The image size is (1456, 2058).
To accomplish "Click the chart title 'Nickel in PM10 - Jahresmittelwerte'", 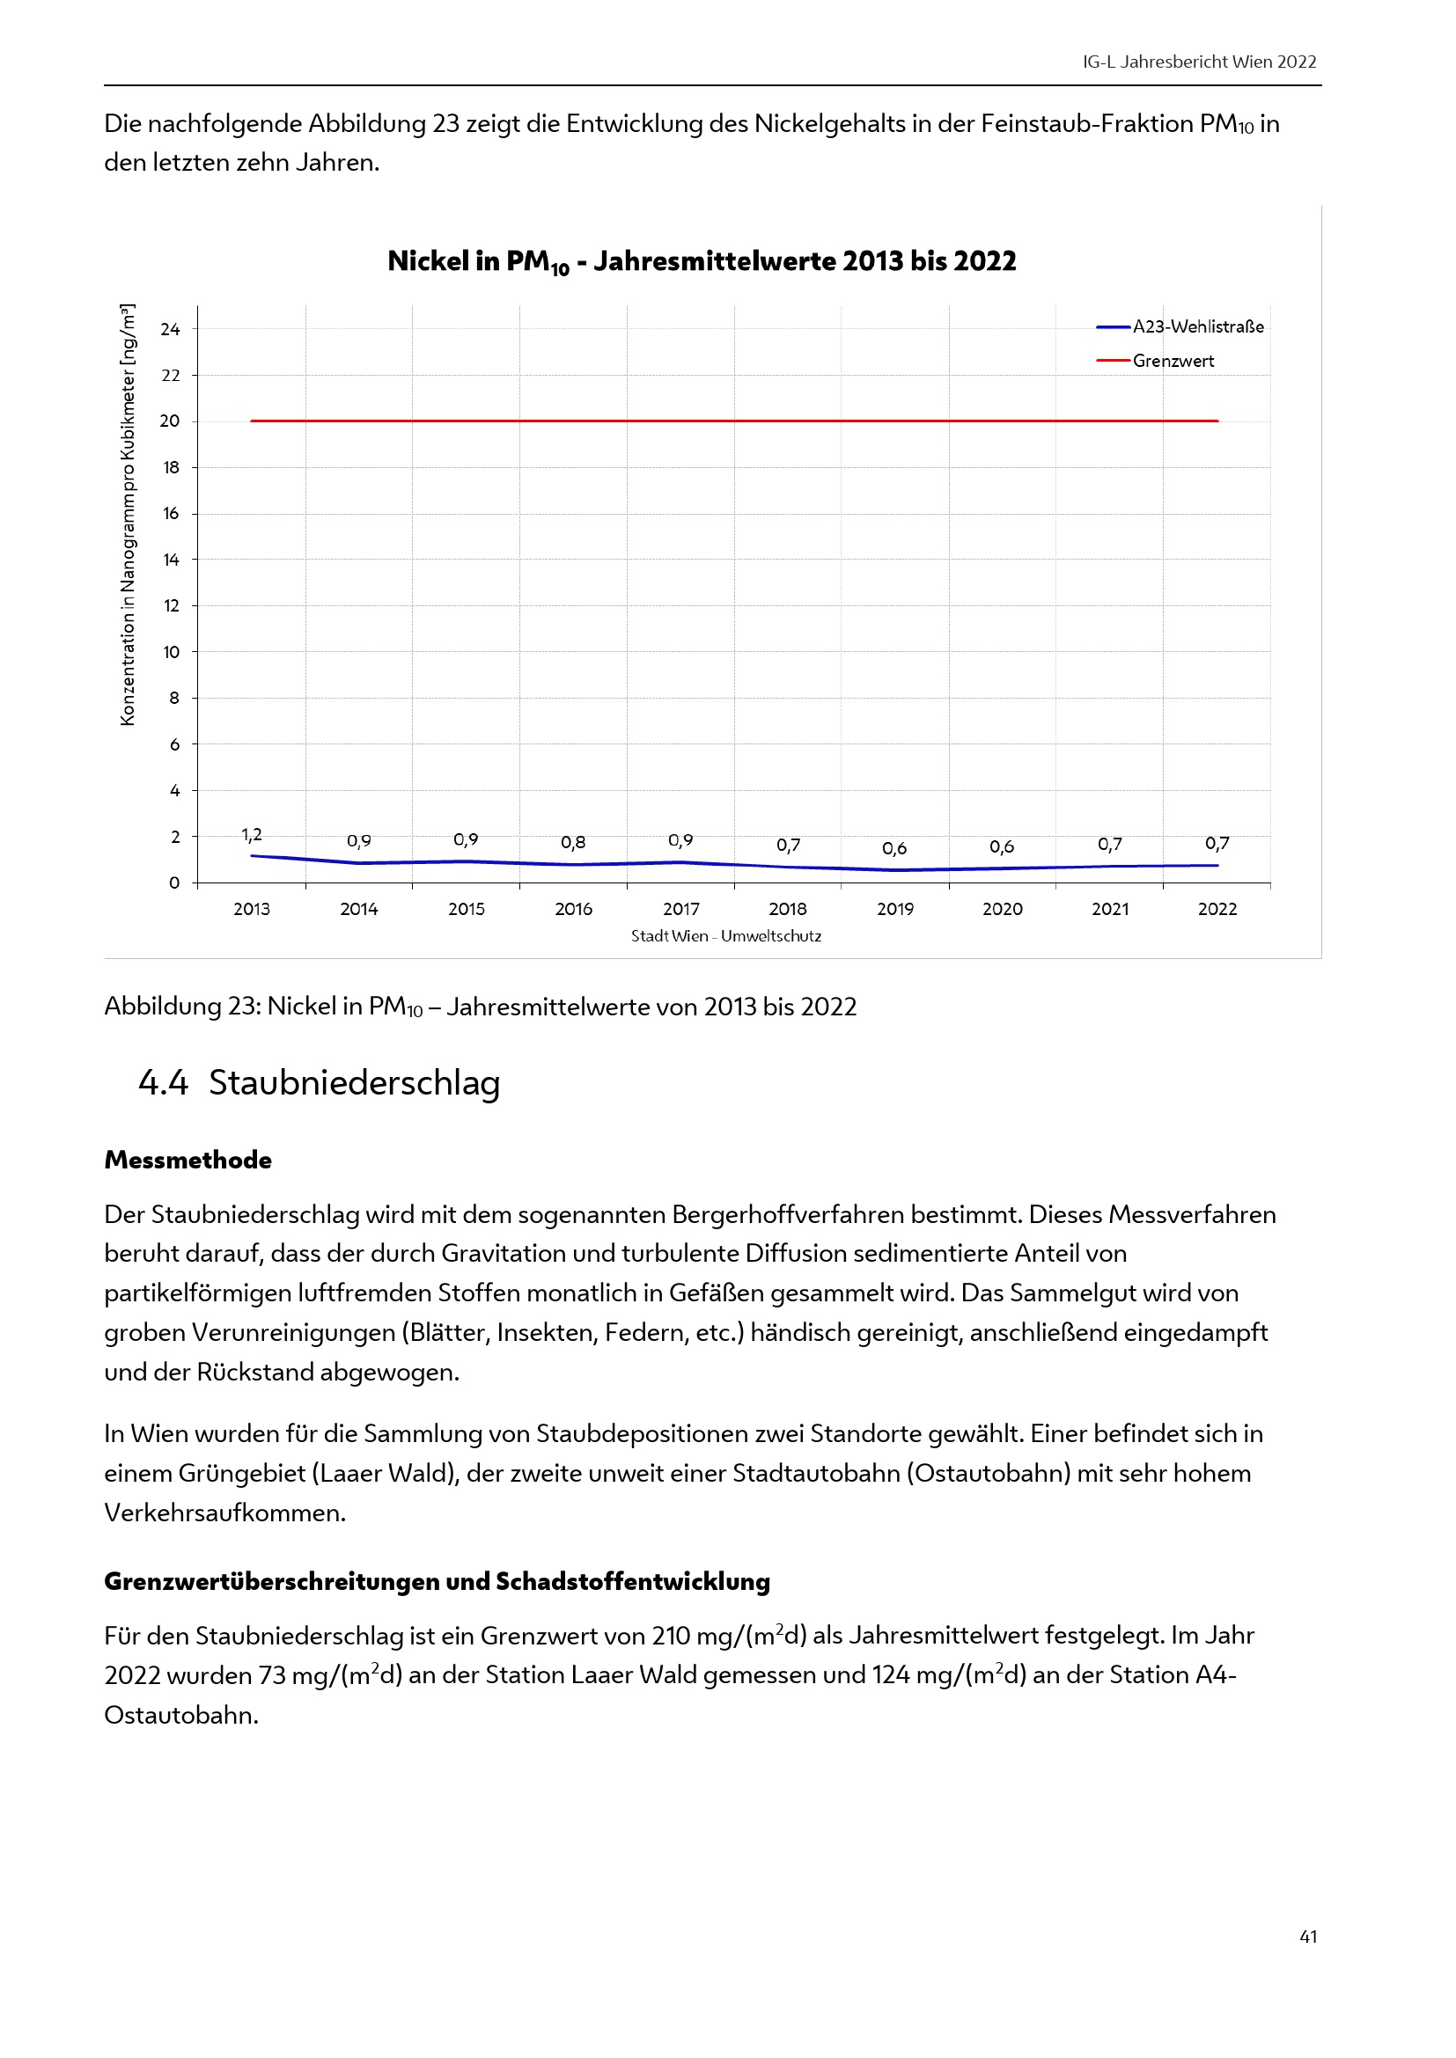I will (701, 261).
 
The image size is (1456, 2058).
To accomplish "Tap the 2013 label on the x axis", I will (251, 909).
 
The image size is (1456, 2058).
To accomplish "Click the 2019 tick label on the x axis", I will (894, 909).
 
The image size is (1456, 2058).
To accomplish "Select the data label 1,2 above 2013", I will (252, 835).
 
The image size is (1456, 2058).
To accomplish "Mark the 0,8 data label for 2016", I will (573, 843).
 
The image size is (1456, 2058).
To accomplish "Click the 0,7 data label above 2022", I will (1217, 844).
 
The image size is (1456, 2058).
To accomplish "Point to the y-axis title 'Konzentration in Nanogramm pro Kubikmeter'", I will (129, 515).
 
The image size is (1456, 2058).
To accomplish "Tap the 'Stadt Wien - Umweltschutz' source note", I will (725, 936).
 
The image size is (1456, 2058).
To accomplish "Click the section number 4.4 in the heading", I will (163, 1083).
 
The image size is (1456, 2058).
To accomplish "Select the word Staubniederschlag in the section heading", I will (354, 1083).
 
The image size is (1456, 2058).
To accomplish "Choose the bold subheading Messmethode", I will (188, 1160).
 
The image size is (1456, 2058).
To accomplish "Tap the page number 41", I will (1308, 1936).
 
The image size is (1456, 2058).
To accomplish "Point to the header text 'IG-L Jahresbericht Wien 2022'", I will (1199, 62).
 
